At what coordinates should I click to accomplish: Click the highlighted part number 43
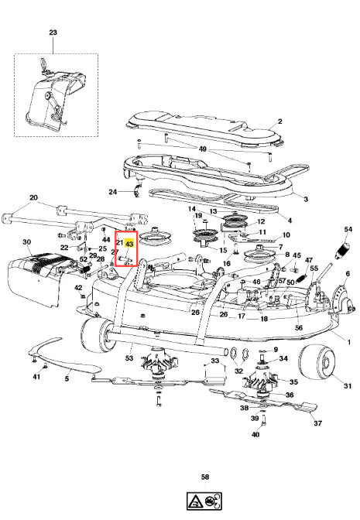[129, 244]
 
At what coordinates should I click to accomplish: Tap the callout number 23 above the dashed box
[53, 32]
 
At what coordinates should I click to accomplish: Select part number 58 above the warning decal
[205, 477]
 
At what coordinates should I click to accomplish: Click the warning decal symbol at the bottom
[204, 501]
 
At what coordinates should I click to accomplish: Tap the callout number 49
[202, 149]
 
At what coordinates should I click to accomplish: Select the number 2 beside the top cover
[280, 121]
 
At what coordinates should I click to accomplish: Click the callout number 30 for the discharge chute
[27, 242]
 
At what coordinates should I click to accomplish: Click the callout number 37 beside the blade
[318, 423]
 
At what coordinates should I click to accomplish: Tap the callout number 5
[67, 378]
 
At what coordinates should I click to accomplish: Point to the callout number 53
[129, 357]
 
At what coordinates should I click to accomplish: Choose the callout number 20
[34, 197]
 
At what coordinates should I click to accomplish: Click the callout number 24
[113, 192]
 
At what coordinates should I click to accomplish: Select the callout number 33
[215, 360]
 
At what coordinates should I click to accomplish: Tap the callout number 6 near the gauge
[348, 273]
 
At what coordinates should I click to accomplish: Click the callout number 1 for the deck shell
[348, 342]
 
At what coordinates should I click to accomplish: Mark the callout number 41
[36, 377]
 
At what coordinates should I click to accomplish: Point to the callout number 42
[78, 288]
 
